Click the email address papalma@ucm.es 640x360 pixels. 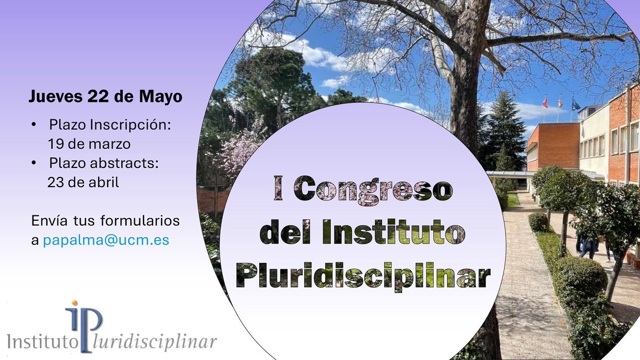(106, 240)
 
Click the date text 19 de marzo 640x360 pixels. (89, 144)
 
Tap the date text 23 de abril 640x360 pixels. (83, 182)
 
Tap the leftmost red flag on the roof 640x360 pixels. (545, 101)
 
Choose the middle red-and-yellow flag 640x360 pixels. (559, 101)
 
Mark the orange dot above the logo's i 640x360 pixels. (75, 304)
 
